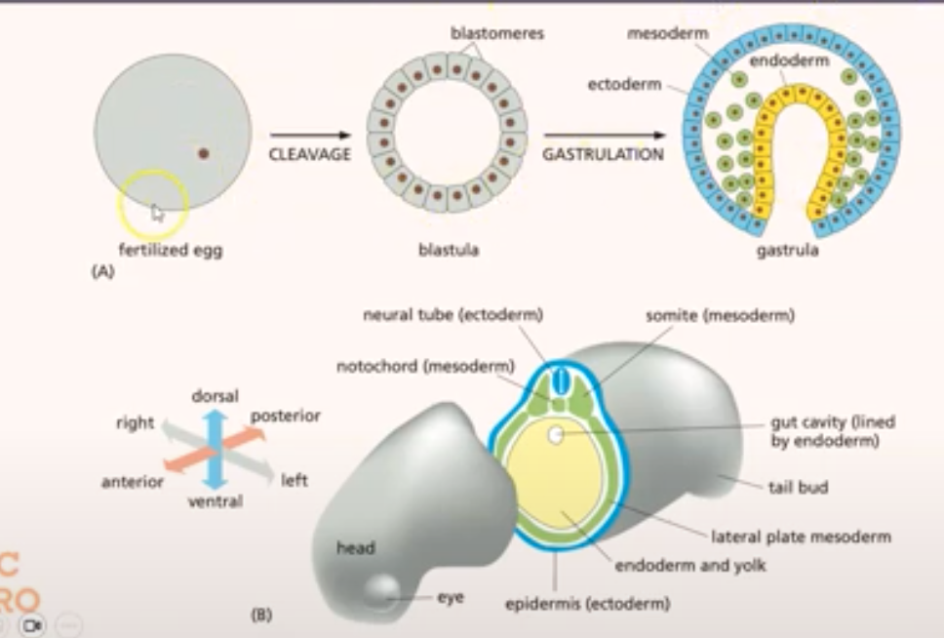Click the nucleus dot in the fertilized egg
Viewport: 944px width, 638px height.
(x=204, y=152)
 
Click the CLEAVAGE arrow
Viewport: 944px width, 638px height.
(x=309, y=136)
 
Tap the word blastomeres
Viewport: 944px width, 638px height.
(x=496, y=33)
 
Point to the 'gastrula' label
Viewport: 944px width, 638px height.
(x=786, y=250)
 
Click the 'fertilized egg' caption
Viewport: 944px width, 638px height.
(x=172, y=250)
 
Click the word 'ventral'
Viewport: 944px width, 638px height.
(x=216, y=501)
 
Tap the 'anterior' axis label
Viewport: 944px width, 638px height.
(x=133, y=481)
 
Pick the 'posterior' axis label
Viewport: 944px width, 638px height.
(x=286, y=416)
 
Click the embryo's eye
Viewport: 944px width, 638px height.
(x=380, y=588)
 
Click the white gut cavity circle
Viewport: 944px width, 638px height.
(x=555, y=435)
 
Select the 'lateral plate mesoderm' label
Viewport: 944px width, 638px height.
(x=800, y=536)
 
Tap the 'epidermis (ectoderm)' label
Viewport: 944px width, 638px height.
(x=587, y=604)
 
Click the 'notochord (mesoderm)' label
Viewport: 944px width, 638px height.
(x=425, y=367)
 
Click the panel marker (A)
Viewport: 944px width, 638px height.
(x=102, y=273)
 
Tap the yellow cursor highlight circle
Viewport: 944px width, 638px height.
(x=153, y=205)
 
